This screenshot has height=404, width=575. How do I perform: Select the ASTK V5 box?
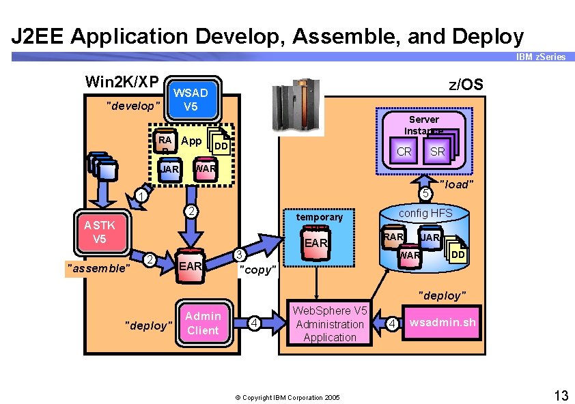[100, 232]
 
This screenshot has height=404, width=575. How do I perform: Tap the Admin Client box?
[203, 323]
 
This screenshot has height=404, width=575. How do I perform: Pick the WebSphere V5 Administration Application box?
[330, 323]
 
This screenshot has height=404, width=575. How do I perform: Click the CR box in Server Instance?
[404, 151]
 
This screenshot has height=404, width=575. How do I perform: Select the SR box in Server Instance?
[438, 151]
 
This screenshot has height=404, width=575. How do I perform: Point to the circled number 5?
[425, 194]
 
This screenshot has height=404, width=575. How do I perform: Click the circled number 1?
[139, 197]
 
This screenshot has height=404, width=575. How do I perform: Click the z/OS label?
[465, 85]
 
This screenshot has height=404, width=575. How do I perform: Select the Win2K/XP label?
[122, 82]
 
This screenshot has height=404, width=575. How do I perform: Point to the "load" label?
[455, 184]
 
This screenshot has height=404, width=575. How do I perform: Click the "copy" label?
[257, 270]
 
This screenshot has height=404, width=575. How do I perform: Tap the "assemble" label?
[97, 268]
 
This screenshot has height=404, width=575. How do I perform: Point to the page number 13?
[561, 395]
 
